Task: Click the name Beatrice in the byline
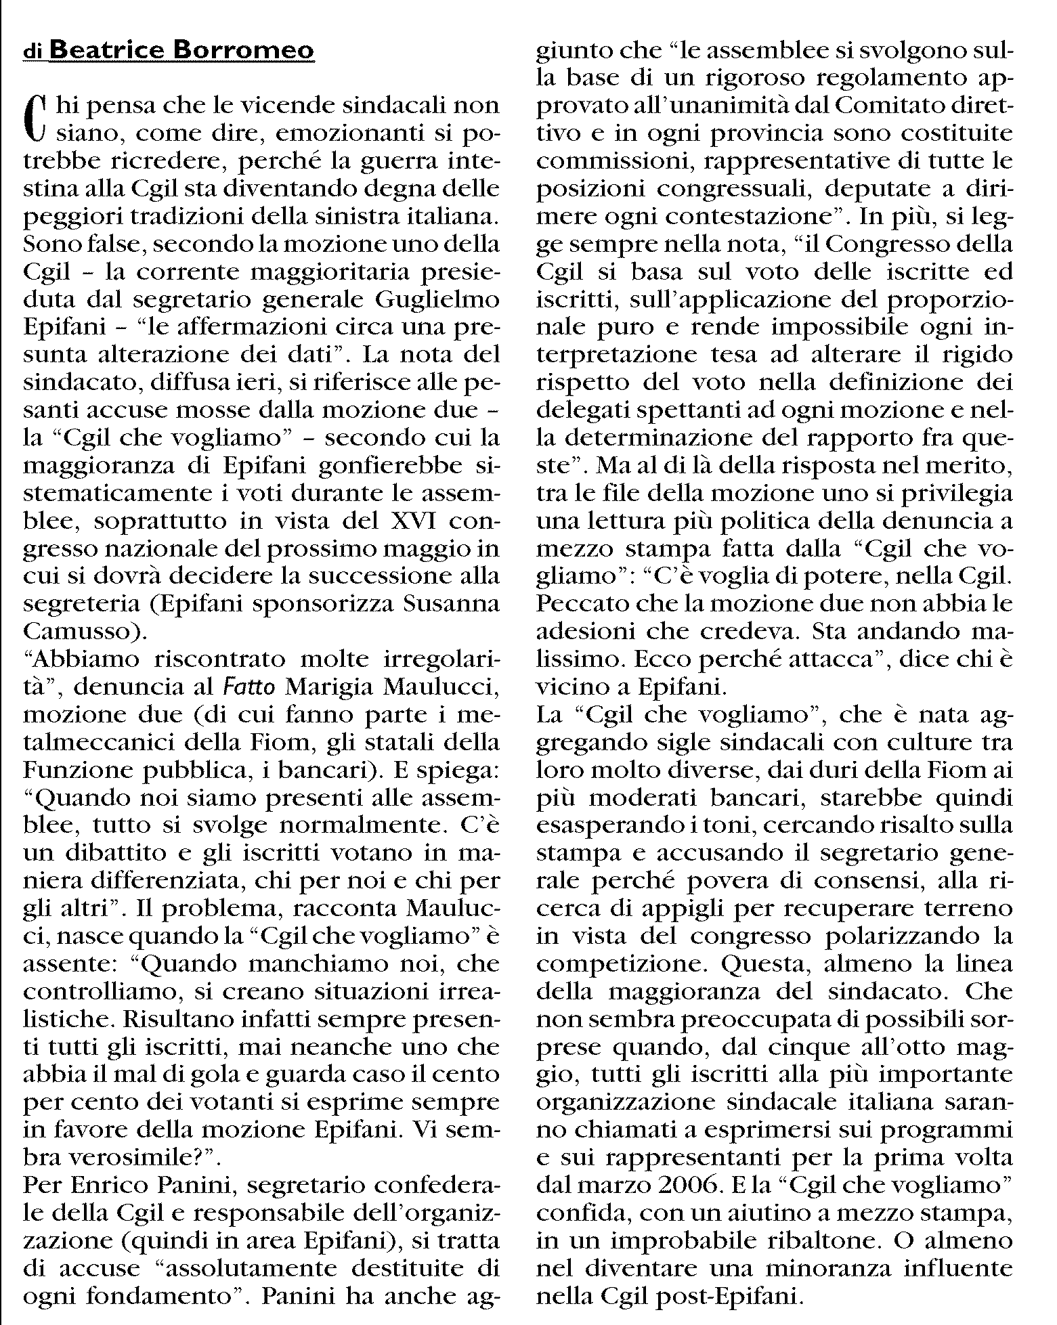(113, 50)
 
